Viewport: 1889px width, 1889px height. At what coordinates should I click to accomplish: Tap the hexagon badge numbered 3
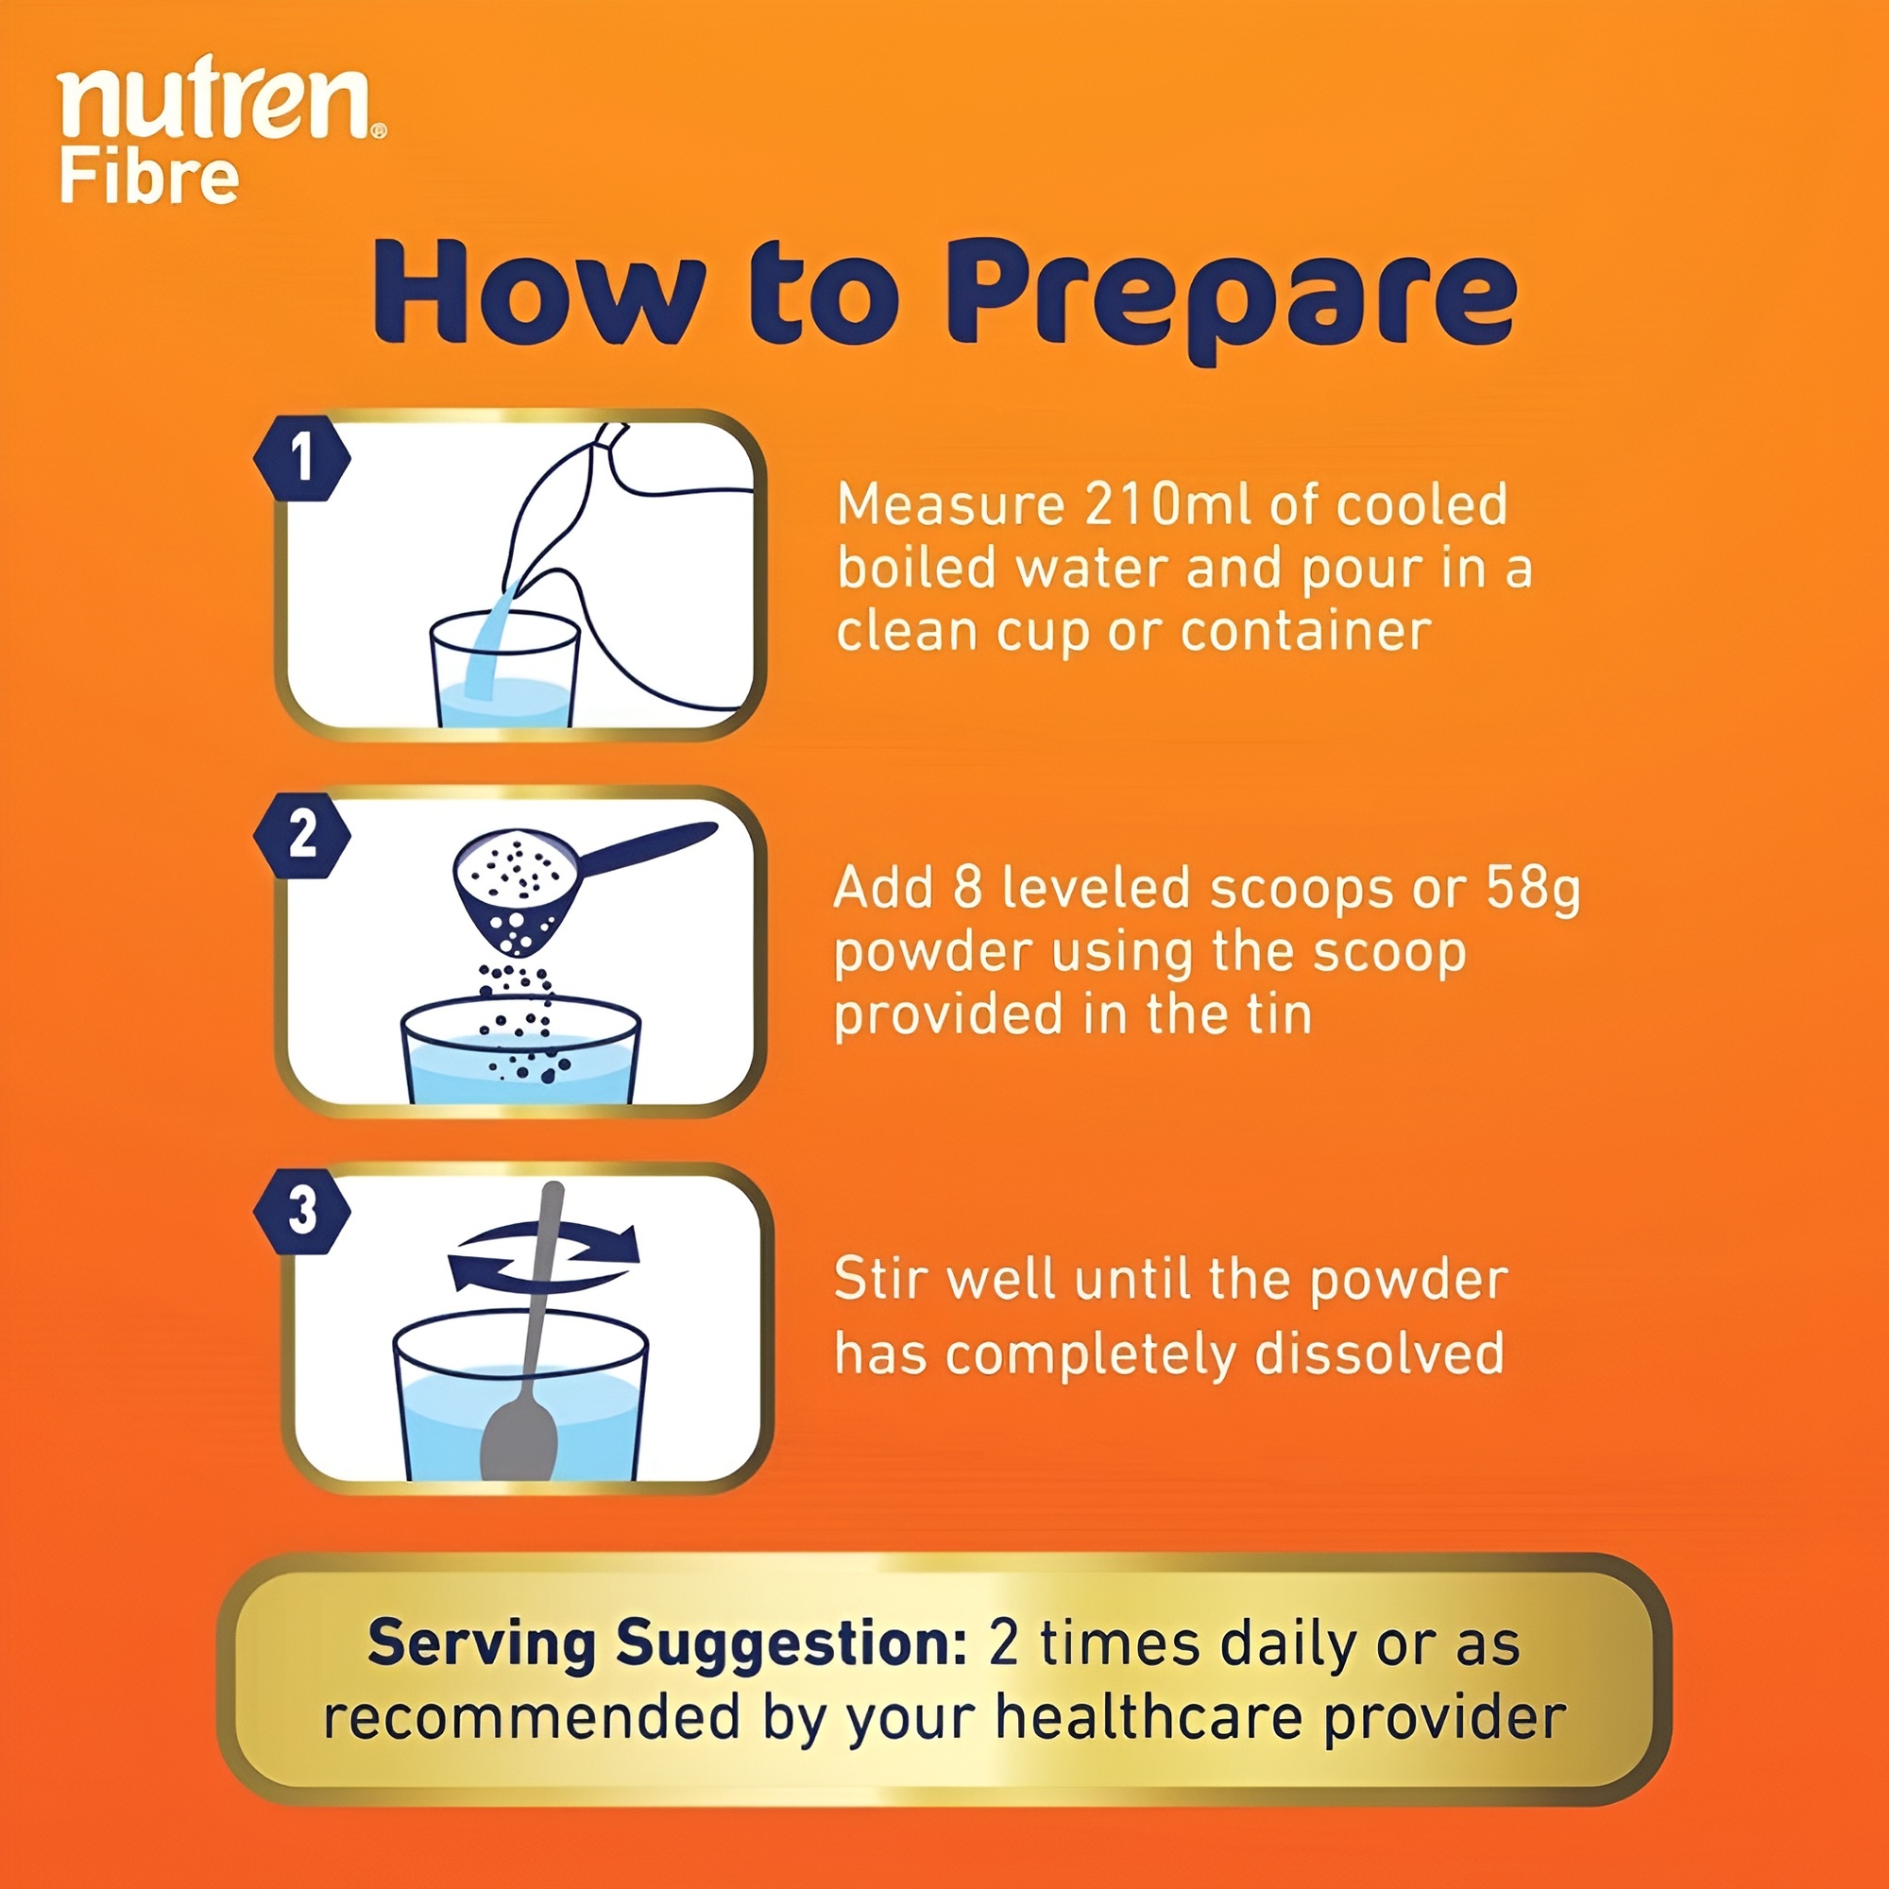[302, 1212]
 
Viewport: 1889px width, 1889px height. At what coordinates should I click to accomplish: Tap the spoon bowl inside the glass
[519, 1437]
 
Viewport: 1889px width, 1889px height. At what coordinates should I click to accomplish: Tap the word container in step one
[1306, 631]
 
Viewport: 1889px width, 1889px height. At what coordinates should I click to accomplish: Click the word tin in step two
[1277, 1013]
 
